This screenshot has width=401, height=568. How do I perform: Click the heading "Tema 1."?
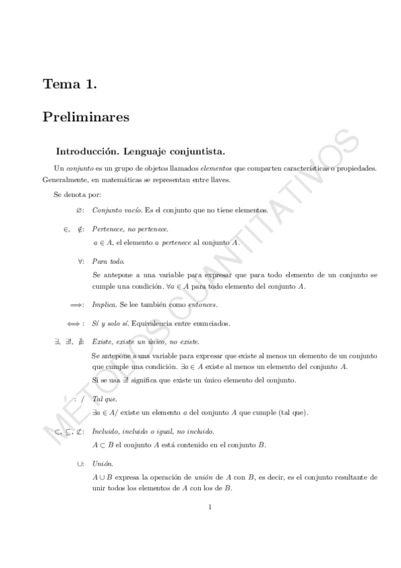click(x=70, y=84)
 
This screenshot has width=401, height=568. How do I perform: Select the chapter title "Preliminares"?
click(x=86, y=117)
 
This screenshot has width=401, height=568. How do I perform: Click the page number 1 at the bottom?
click(x=210, y=507)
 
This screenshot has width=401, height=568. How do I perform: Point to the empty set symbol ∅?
click(x=78, y=210)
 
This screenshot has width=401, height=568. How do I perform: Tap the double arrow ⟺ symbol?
click(x=76, y=324)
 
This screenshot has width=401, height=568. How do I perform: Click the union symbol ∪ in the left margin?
click(x=80, y=464)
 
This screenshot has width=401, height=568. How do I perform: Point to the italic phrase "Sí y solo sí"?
click(x=110, y=324)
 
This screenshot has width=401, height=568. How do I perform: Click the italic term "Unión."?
click(x=103, y=464)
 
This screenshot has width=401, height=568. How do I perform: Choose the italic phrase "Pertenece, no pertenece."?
click(x=131, y=229)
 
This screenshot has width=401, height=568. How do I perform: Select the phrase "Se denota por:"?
click(x=77, y=195)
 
